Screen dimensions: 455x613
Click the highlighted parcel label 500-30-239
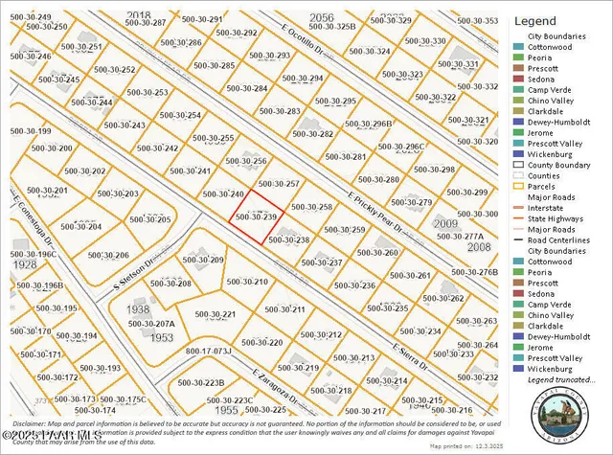257,217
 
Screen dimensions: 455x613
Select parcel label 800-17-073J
209,351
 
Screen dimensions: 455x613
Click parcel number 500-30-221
216,314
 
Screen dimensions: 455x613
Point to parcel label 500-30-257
281,183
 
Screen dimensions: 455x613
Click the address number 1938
138,310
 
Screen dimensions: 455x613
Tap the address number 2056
322,18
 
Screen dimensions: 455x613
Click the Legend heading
535,20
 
